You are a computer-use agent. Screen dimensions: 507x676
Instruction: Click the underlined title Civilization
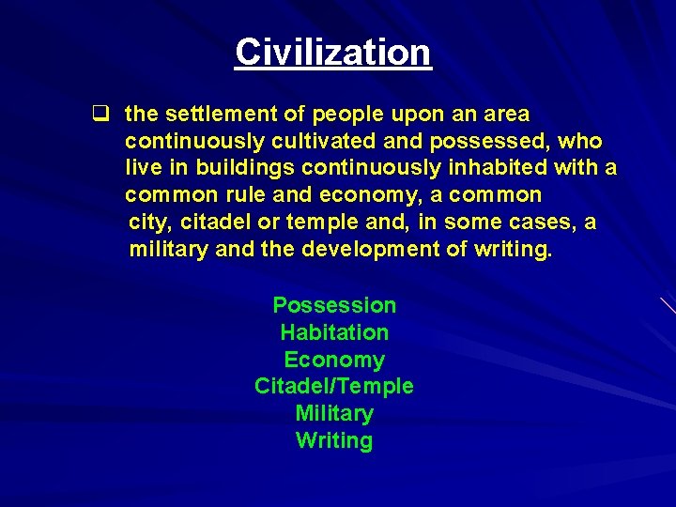[333, 52]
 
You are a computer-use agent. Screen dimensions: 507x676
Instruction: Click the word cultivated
[313, 142]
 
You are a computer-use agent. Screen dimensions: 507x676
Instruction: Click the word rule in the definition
[248, 196]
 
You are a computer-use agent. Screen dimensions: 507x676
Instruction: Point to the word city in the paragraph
[149, 223]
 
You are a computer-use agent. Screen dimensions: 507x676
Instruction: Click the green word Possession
[334, 305]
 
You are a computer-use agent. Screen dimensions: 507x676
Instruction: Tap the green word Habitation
[334, 332]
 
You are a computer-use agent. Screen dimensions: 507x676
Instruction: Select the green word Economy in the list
[334, 360]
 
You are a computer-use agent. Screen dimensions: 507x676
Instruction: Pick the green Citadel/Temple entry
[334, 387]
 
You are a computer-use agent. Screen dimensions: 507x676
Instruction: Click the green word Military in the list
[334, 414]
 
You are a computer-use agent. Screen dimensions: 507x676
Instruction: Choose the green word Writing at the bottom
[334, 441]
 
